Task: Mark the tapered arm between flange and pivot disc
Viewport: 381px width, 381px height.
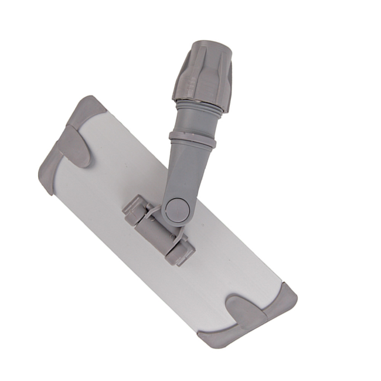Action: [183, 170]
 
